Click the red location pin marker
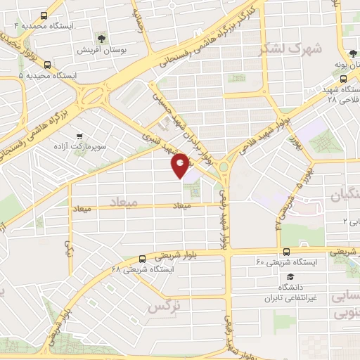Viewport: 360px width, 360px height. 181,165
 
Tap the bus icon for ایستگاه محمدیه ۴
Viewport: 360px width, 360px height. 45,15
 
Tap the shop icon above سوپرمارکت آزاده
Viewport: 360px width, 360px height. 79,136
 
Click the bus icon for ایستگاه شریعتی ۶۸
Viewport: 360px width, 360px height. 143,258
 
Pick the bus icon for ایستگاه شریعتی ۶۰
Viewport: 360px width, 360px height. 286,251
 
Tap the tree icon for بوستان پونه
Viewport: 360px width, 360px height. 352,53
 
